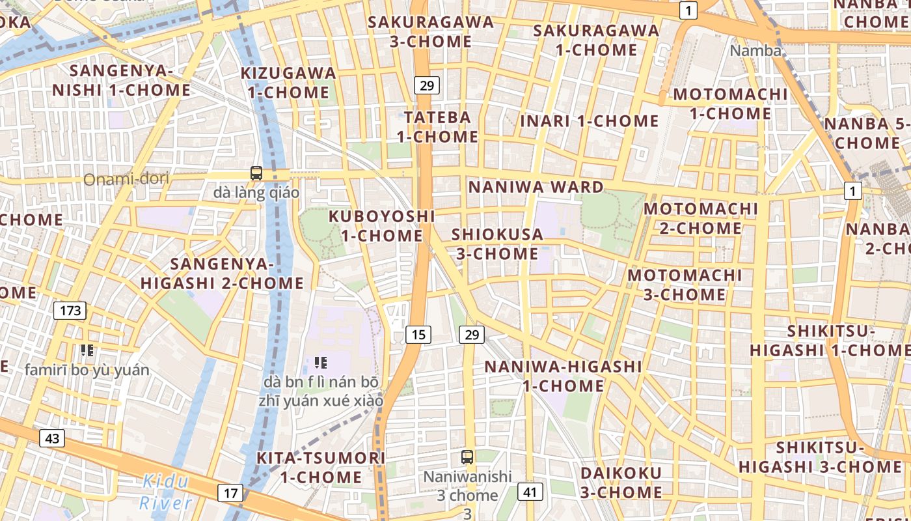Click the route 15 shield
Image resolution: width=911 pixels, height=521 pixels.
coord(418,335)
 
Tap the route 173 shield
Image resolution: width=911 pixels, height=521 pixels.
coord(70,310)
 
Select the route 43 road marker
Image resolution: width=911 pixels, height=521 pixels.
coord(52,438)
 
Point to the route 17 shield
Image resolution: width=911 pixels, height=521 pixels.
coord(230,493)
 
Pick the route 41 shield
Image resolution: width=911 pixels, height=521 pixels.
coord(530,492)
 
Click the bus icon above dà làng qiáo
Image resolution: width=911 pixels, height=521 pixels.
coord(256,173)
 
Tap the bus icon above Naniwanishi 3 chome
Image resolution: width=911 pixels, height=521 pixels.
coord(467,457)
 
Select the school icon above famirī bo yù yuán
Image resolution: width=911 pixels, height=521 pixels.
coord(87,350)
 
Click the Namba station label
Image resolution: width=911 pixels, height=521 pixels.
coord(755,50)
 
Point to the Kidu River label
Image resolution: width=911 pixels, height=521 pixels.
coord(166,492)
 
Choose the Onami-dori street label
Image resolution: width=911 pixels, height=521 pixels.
coord(126,178)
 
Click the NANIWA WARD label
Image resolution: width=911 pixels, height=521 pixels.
coord(536,188)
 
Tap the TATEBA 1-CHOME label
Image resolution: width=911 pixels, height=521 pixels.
coord(437,127)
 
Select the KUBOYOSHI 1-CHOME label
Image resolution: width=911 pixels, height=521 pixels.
coord(381,225)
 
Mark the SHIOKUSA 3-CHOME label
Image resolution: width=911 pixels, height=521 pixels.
coord(497,244)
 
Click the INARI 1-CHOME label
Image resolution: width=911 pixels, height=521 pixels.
coord(590,121)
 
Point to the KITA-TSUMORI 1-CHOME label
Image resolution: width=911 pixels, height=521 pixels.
coord(321,467)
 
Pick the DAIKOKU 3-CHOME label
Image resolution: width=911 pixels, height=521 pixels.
coord(621,483)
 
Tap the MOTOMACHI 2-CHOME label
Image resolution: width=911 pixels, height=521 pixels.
coord(701,218)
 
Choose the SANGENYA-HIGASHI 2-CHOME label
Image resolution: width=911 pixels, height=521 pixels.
coord(222,274)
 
